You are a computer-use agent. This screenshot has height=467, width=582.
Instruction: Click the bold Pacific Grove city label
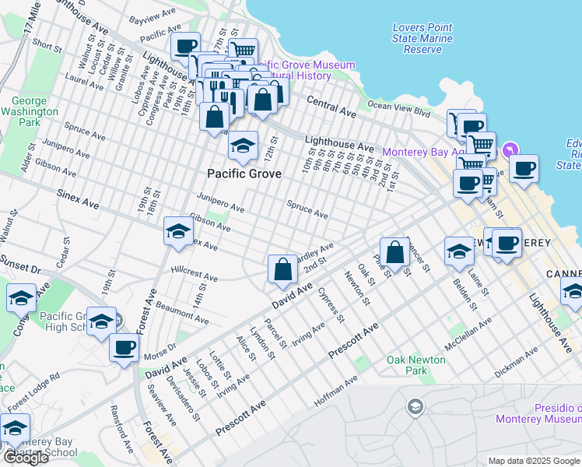pos(244,172)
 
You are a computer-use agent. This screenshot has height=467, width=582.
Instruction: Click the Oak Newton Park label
pos(416,365)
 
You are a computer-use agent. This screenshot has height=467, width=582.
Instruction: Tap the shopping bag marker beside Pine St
pos(395,252)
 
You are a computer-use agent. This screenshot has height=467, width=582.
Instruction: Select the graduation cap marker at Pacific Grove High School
pos(101,321)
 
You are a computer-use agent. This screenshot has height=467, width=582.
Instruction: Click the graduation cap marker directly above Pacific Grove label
pos(243,146)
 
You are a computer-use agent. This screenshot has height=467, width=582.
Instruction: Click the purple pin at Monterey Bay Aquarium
pos(510,149)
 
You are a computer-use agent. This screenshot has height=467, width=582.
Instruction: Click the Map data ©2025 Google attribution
pos(534,461)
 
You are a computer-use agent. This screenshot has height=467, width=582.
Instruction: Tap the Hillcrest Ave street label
pos(195,276)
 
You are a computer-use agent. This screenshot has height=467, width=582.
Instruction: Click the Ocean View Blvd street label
pos(398,106)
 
